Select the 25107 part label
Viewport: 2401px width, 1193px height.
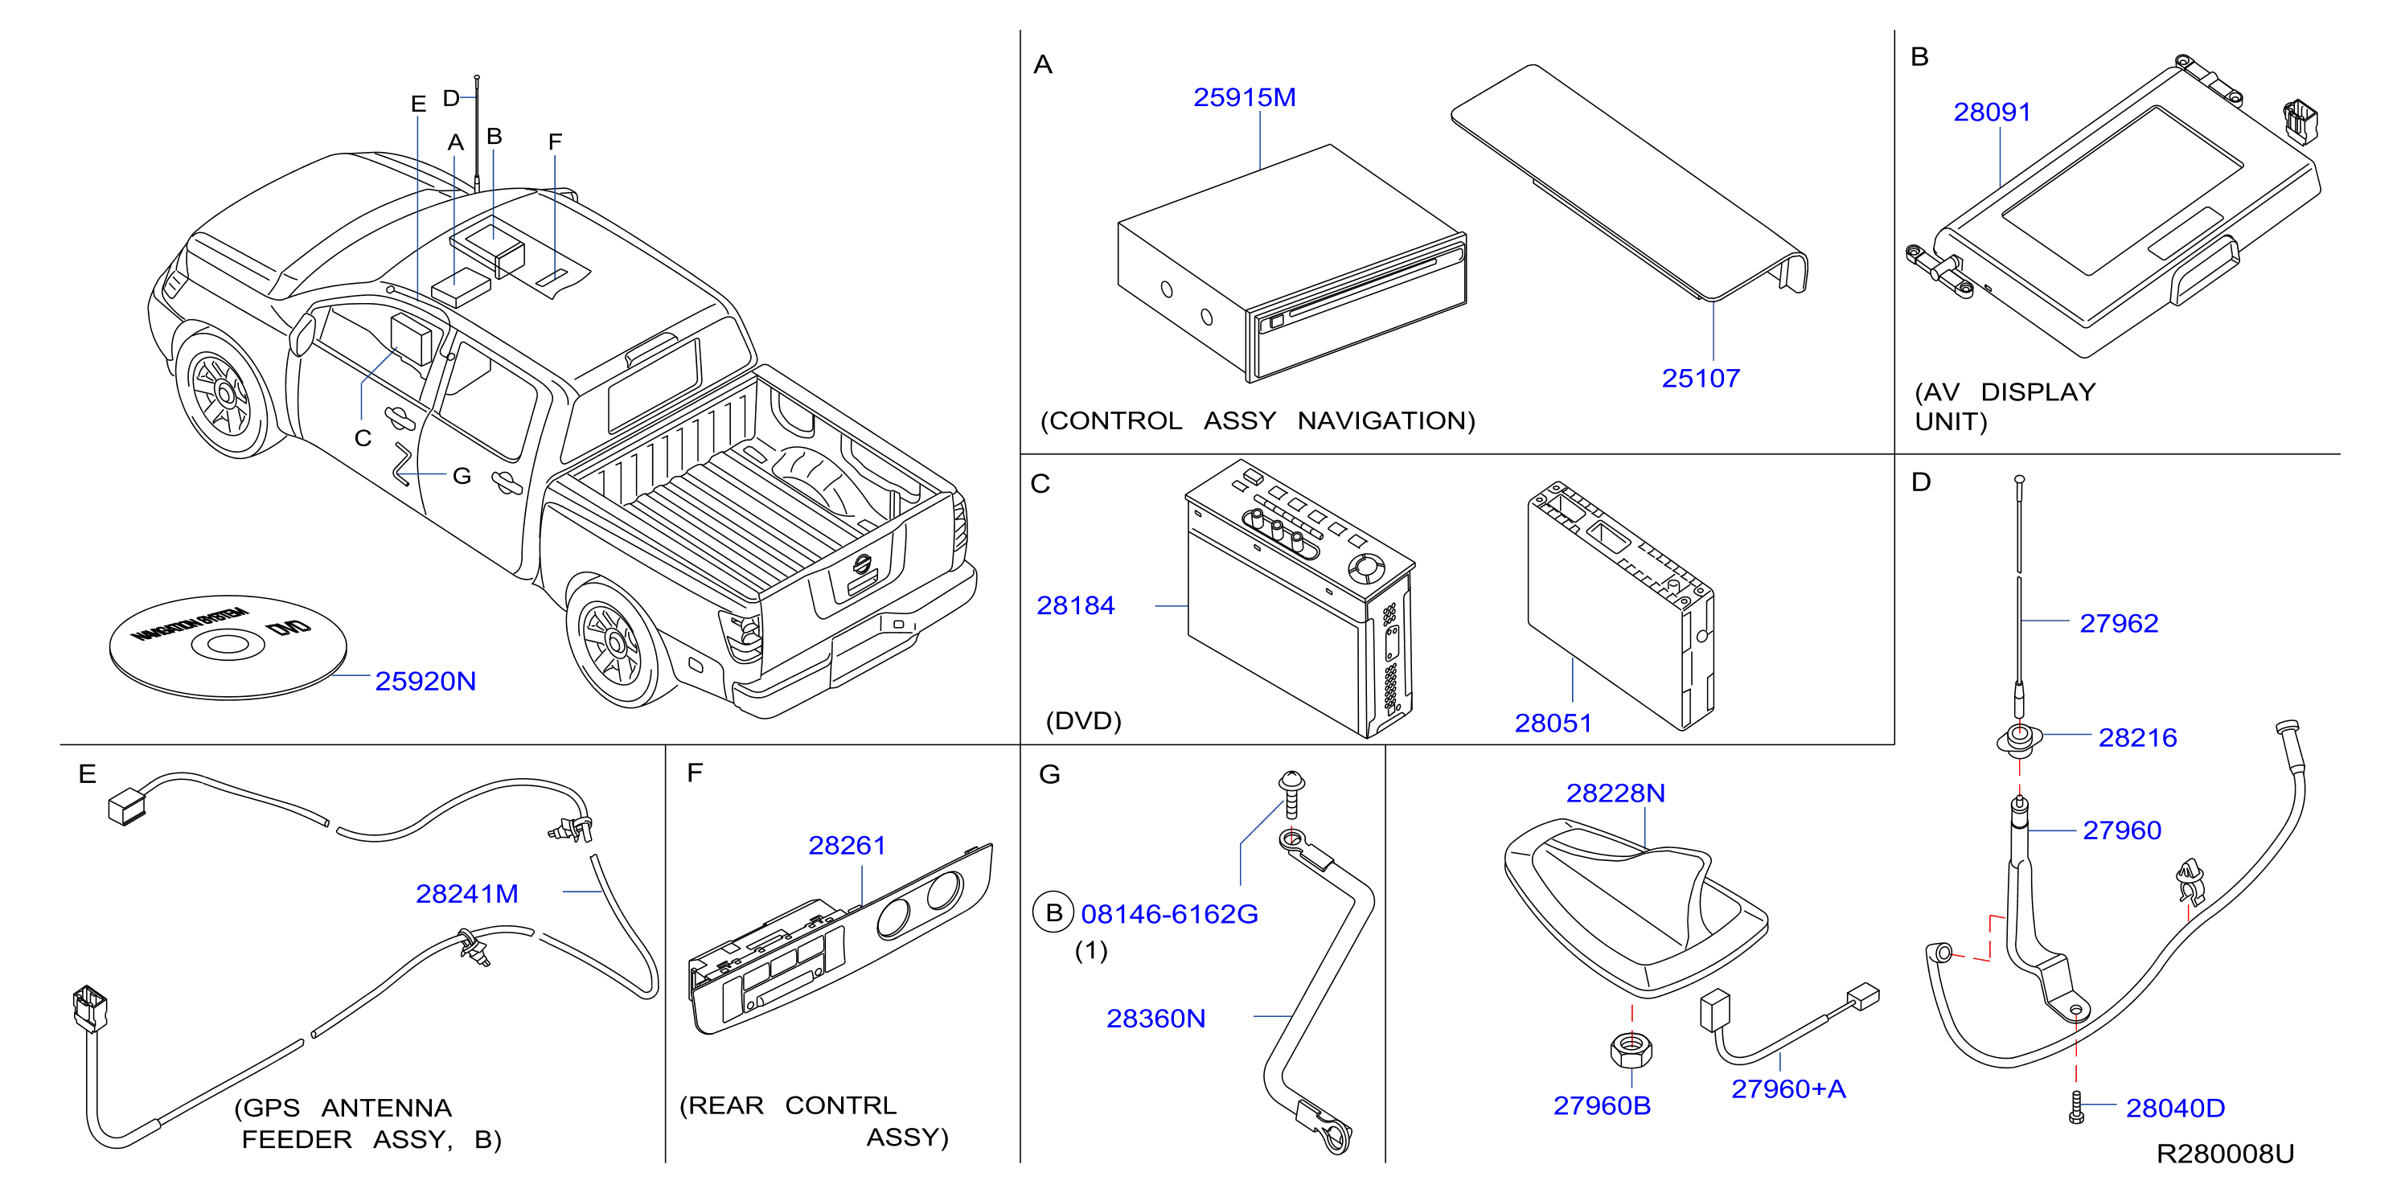pyautogui.click(x=1701, y=379)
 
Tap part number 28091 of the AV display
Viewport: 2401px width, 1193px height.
pyautogui.click(x=1992, y=112)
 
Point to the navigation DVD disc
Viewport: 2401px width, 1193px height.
pyautogui.click(x=228, y=647)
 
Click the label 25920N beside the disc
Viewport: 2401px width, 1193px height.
pyautogui.click(x=425, y=682)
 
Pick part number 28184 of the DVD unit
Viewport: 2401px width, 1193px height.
pyautogui.click(x=1076, y=606)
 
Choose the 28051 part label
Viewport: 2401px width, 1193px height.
pyautogui.click(x=1553, y=724)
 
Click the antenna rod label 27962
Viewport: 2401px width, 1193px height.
pyautogui.click(x=2119, y=624)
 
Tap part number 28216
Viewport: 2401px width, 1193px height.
pyautogui.click(x=2137, y=738)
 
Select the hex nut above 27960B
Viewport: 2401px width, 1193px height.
pyautogui.click(x=1631, y=1049)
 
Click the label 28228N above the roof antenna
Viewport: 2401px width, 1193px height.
pyautogui.click(x=1615, y=793)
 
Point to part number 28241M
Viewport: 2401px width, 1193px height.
pyautogui.click(x=467, y=894)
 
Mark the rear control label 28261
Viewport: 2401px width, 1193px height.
pyautogui.click(x=847, y=846)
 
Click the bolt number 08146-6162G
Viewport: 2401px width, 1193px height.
pyautogui.click(x=1169, y=914)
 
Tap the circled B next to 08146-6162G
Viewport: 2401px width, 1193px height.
pyautogui.click(x=1053, y=912)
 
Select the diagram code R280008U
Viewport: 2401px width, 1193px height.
pyautogui.click(x=2225, y=1154)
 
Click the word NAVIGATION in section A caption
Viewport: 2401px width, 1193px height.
pyautogui.click(x=1386, y=421)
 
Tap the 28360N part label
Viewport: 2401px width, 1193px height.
pyautogui.click(x=1155, y=1019)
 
